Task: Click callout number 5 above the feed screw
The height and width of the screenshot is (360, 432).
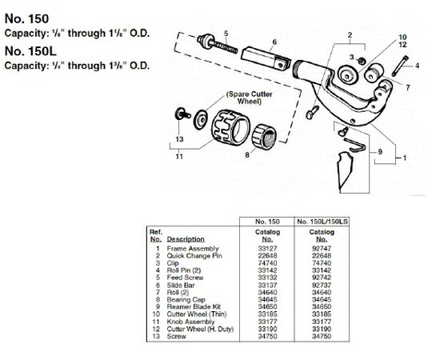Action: (x=226, y=33)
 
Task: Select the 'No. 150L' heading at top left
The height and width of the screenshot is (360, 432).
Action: (x=28, y=50)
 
